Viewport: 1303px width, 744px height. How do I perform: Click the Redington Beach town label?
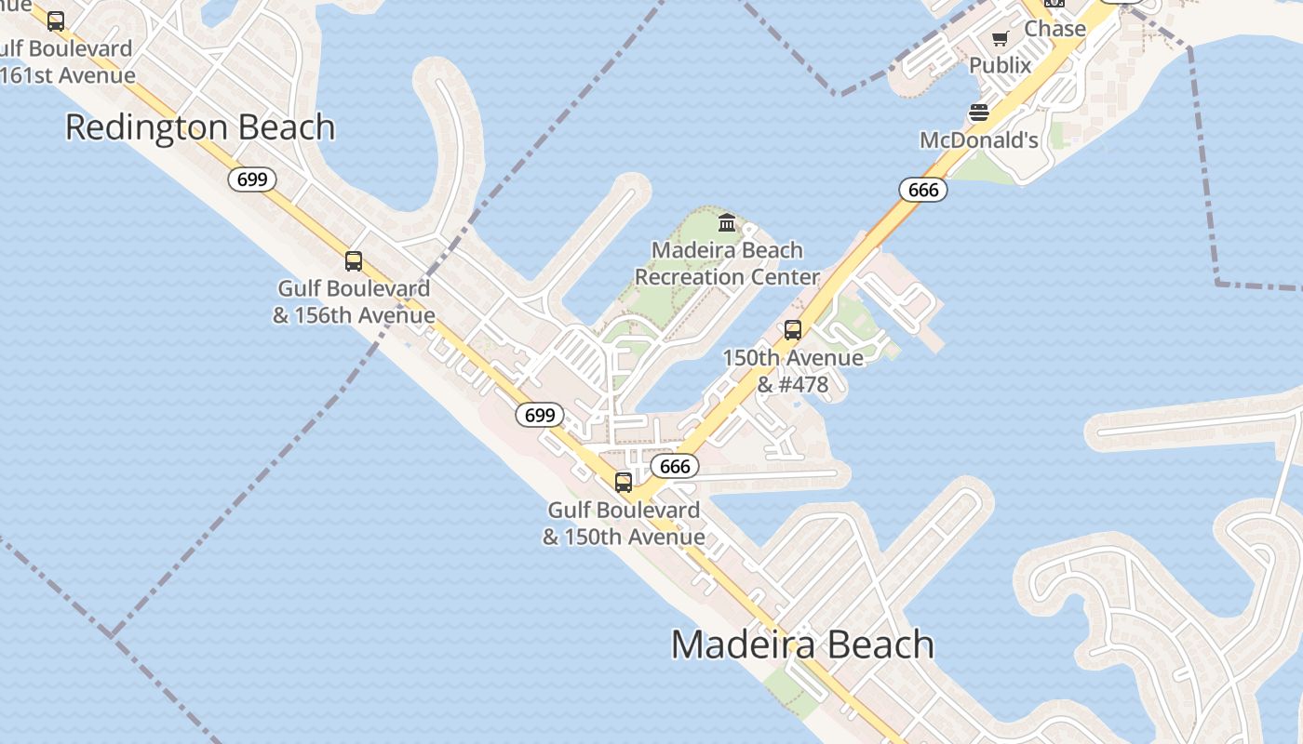point(200,127)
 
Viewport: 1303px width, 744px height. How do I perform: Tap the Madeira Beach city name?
point(802,644)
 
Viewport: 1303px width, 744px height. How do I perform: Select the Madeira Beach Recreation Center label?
point(727,263)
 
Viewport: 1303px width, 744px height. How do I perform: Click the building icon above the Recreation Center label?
point(727,222)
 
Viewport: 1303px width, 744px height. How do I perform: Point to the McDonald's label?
point(978,140)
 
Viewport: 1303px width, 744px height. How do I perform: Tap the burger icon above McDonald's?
point(978,113)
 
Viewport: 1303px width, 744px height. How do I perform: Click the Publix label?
point(1001,65)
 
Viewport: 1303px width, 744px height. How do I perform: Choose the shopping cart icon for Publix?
point(1001,38)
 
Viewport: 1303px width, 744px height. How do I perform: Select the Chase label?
point(1054,29)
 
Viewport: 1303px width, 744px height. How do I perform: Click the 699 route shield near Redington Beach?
point(252,179)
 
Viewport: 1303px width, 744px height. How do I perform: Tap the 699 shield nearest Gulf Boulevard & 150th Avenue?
point(540,415)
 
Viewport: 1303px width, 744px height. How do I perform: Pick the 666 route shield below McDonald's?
point(922,190)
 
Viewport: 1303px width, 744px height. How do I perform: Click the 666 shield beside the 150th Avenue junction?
point(674,466)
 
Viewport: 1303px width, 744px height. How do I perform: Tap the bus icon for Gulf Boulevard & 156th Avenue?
point(353,261)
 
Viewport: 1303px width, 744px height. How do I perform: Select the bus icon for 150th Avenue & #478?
point(792,330)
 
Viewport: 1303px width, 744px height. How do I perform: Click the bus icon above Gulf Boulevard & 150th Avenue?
point(623,483)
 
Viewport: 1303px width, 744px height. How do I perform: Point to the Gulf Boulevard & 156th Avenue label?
point(353,302)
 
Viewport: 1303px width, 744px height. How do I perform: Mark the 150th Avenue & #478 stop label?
point(792,371)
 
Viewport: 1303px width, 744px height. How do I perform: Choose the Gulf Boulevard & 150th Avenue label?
point(624,524)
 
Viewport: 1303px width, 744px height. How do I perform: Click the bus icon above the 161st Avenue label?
point(56,20)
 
